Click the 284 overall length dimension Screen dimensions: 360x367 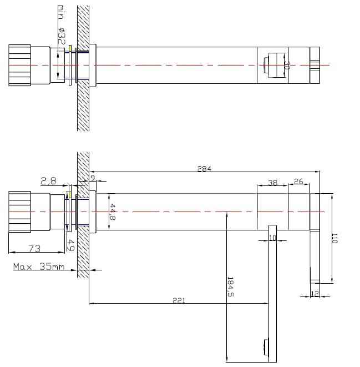(x=204, y=169)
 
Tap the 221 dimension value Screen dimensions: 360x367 (x=179, y=300)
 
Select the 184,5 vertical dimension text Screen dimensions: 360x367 (x=230, y=286)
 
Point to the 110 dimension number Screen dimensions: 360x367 (x=334, y=238)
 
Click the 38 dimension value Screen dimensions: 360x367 (x=272, y=182)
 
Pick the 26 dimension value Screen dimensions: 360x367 (x=298, y=182)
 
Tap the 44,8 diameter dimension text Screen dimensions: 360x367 (x=113, y=212)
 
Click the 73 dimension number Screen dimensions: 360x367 (x=34, y=248)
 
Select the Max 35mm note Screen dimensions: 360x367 (x=39, y=267)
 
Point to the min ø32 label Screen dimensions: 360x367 (x=61, y=25)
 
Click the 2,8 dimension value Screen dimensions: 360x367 (x=49, y=181)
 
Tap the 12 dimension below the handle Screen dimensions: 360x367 (x=315, y=293)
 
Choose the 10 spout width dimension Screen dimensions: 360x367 (x=272, y=238)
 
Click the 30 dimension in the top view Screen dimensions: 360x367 (x=287, y=66)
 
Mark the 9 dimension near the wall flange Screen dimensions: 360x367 (x=93, y=178)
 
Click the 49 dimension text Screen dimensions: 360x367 (x=71, y=245)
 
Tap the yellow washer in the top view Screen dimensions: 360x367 (x=70, y=48)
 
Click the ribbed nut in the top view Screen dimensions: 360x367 (x=19, y=66)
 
